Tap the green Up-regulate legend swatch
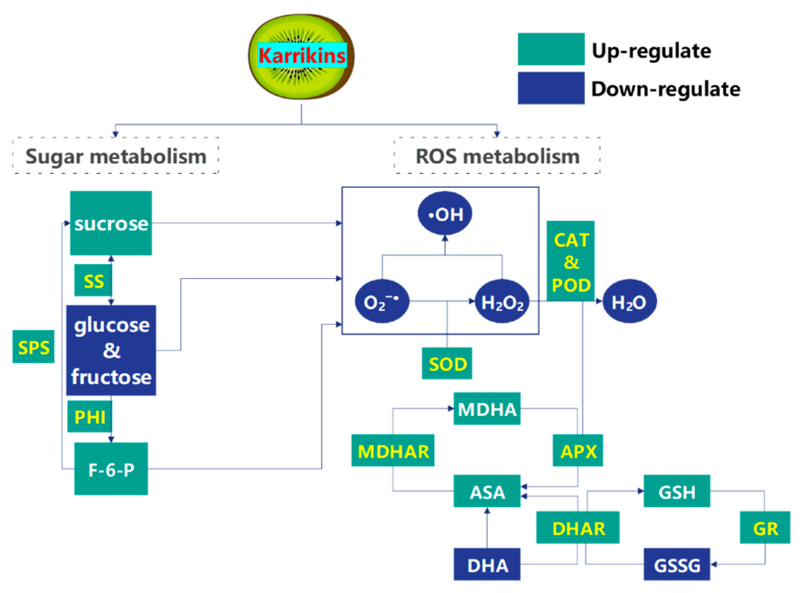coord(551,49)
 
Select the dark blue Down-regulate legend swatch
coord(551,88)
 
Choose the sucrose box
coord(111,223)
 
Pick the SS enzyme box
coord(93,280)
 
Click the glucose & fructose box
coord(111,350)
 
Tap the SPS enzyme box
coord(33,347)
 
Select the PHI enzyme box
coord(90,416)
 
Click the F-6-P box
coord(111,469)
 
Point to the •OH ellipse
coord(445,213)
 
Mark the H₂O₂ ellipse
coord(502,301)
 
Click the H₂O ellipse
coord(629,301)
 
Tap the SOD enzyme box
coord(447,364)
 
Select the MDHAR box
coord(393,451)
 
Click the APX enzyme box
coord(578,451)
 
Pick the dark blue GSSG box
coord(677,564)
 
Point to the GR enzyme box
coord(765,528)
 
